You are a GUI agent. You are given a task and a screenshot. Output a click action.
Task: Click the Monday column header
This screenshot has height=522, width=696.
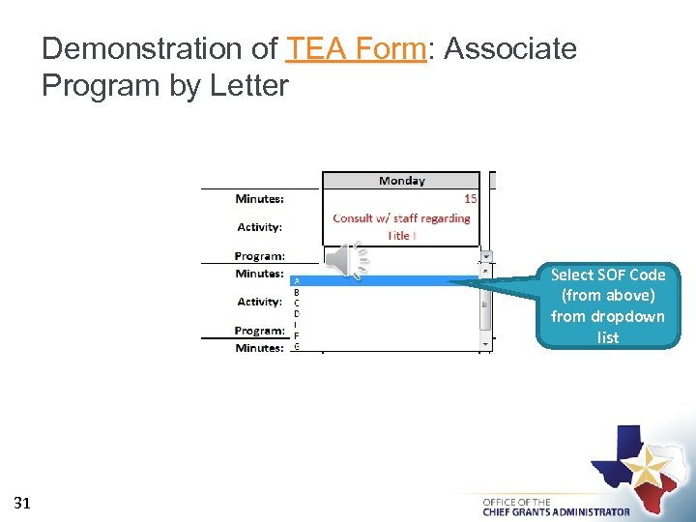[x=401, y=181]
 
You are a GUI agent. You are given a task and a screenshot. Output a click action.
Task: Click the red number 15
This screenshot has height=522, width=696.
[x=470, y=198]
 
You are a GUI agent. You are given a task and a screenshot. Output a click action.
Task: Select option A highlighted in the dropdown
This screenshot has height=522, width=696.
[x=296, y=280]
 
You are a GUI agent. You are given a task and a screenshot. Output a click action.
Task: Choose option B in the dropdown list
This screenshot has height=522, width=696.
[x=296, y=291]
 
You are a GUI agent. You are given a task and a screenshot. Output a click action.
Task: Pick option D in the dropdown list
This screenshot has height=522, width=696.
[x=296, y=313]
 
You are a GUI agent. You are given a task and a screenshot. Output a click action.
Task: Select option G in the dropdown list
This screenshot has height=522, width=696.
[x=296, y=346]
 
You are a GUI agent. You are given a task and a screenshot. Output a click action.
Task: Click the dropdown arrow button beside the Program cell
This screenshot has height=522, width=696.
[x=486, y=258]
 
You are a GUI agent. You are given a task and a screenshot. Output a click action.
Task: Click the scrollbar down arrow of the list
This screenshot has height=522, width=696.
[x=486, y=343]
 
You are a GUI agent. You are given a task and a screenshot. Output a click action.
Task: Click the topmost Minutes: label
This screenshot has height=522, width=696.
[x=259, y=199]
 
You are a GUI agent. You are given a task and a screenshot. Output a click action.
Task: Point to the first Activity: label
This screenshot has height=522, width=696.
[x=259, y=227]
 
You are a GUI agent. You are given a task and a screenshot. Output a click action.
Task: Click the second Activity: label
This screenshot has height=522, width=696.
[x=259, y=302]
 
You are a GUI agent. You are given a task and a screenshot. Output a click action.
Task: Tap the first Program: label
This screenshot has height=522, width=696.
[x=259, y=256]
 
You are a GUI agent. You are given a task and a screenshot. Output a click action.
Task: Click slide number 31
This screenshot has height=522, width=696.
[x=23, y=503]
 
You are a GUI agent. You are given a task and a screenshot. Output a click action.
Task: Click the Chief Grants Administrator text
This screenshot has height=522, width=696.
[x=556, y=512]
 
